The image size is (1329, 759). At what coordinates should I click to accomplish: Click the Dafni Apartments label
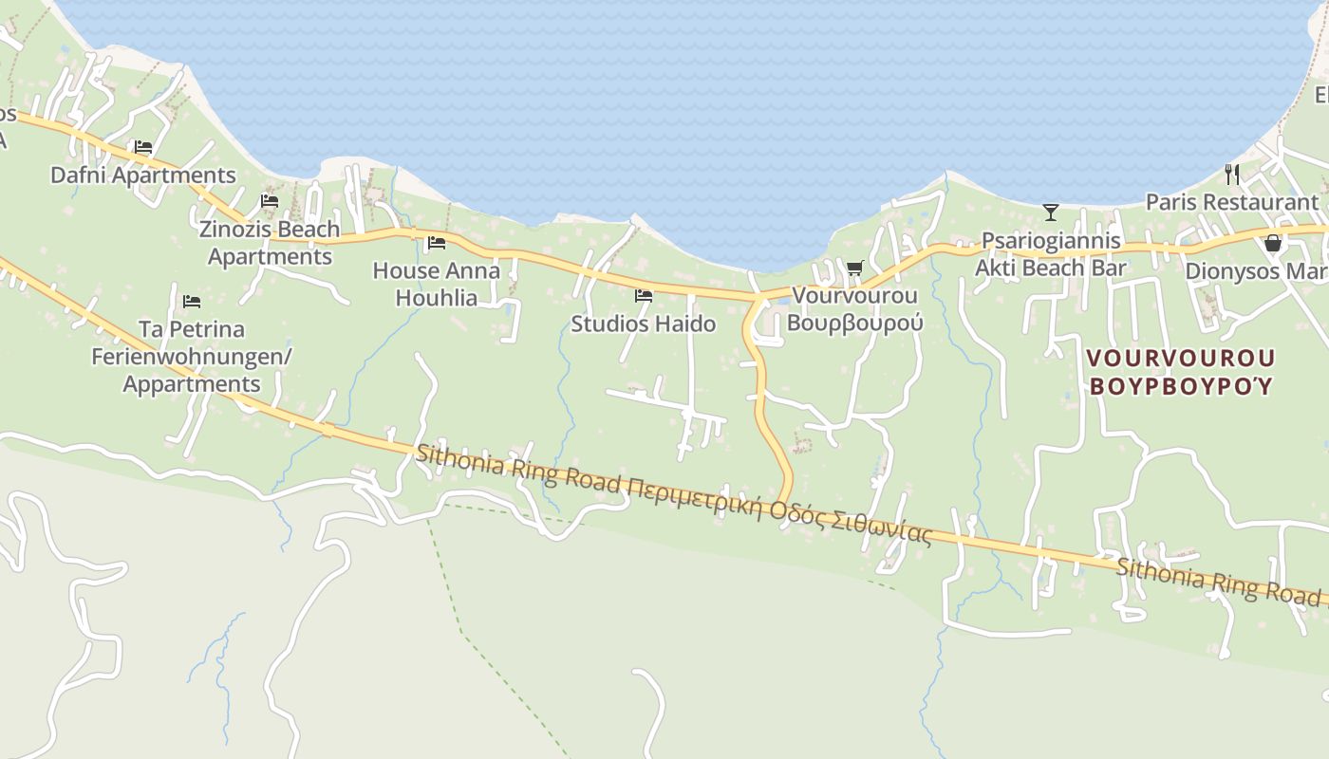point(142,176)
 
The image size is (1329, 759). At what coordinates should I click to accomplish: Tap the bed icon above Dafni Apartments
point(143,147)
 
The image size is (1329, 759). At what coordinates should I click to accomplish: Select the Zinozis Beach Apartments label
point(270,243)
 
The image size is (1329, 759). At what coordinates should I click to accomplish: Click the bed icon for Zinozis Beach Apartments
point(270,201)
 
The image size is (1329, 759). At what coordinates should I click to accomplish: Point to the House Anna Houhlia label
point(436,284)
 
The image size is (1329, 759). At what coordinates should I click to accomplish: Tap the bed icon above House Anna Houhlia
point(437,243)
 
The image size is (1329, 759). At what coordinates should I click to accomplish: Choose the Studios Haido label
point(643,324)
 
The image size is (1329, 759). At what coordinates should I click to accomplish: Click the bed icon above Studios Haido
point(644,296)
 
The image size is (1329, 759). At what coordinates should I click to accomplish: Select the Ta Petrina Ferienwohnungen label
point(191,357)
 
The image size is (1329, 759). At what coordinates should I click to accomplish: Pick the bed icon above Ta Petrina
point(192,302)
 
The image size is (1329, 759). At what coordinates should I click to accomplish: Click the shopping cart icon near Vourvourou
point(854,268)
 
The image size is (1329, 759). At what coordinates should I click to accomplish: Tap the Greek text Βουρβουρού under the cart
point(854,323)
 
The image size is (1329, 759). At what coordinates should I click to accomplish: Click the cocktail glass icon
point(1051,212)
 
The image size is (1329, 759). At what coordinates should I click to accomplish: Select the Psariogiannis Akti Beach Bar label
point(1051,254)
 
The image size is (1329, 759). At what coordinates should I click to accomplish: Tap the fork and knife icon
point(1232,174)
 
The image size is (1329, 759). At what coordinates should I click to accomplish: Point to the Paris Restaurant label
point(1232,202)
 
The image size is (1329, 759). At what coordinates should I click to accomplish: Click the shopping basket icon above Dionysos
point(1273,244)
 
